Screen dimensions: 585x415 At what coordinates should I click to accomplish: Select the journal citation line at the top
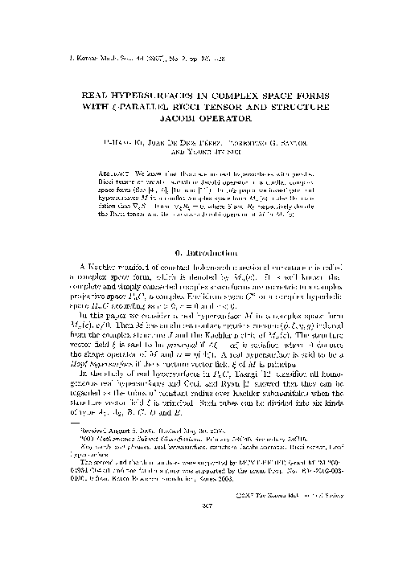click(x=125, y=59)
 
